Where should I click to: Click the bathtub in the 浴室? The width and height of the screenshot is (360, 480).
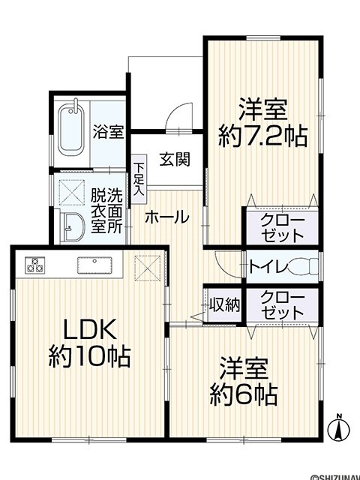click(x=72, y=130)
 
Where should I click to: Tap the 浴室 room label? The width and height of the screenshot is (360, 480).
click(x=108, y=132)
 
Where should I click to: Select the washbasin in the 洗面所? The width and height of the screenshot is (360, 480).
click(x=73, y=226)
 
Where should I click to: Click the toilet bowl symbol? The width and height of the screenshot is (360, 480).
click(x=303, y=265)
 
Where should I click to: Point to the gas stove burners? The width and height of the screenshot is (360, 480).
click(x=34, y=265)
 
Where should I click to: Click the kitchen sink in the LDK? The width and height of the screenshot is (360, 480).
click(x=94, y=265)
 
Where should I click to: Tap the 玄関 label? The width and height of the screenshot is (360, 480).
click(x=175, y=160)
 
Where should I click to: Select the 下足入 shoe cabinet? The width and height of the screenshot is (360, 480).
click(x=139, y=179)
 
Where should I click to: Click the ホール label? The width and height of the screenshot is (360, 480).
click(x=166, y=217)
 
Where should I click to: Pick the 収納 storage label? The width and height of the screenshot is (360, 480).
click(x=225, y=304)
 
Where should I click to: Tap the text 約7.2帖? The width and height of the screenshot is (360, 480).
click(x=262, y=136)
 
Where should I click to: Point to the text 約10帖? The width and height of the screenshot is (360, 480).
click(x=89, y=356)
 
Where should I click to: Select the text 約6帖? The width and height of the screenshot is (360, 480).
click(x=244, y=394)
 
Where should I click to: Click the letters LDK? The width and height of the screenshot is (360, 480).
click(x=90, y=329)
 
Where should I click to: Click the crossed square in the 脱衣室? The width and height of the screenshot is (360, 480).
click(x=72, y=192)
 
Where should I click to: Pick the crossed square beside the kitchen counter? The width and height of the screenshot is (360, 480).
click(x=148, y=268)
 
